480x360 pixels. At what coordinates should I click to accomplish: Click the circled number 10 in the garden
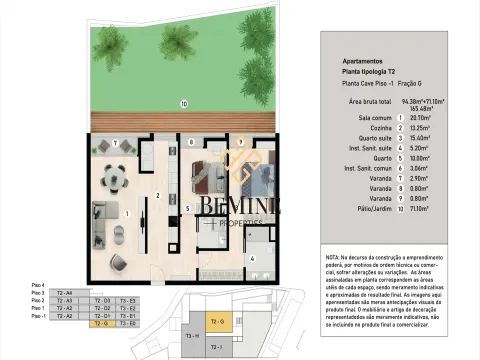click(x=183, y=103)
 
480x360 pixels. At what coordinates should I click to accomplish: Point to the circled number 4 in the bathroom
click(x=252, y=258)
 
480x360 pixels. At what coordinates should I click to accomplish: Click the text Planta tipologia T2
click(x=371, y=72)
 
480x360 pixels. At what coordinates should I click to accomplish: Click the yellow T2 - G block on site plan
click(x=222, y=320)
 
